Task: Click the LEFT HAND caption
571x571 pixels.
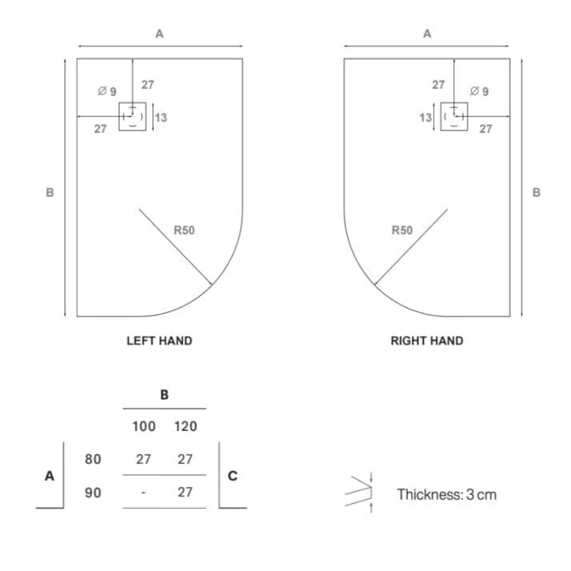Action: click(159, 341)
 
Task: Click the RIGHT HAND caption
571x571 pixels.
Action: click(427, 341)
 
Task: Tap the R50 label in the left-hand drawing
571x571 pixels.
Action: click(184, 230)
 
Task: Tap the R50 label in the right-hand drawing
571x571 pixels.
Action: click(402, 230)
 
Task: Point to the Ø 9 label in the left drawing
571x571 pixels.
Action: click(107, 91)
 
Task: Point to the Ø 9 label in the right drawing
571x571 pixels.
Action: click(479, 91)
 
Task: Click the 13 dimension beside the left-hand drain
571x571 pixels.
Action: click(161, 118)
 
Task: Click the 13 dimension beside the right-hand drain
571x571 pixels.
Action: click(425, 118)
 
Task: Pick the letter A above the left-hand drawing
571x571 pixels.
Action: click(159, 34)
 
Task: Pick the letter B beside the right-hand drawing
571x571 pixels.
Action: click(537, 192)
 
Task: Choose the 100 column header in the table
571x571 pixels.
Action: click(144, 426)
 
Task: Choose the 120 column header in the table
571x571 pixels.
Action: click(186, 426)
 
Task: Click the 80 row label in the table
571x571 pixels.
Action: click(93, 459)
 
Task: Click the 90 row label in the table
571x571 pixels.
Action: click(93, 493)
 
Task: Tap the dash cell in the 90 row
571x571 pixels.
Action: click(143, 493)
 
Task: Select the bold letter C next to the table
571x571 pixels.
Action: click(233, 476)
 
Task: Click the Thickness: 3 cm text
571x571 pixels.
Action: click(447, 494)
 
